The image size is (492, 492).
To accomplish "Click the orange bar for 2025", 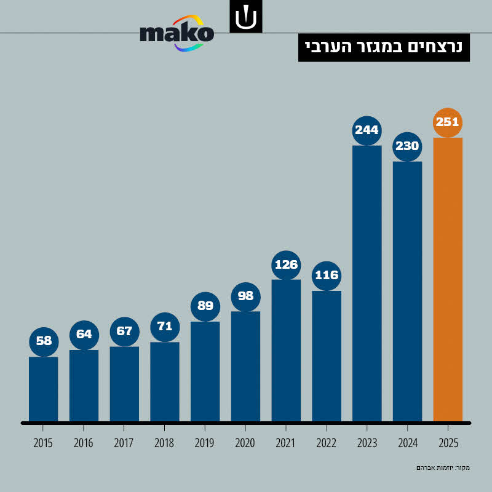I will pos(448,280).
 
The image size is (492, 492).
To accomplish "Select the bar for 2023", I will pos(367,283).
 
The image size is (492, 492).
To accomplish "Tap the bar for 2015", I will pos(44,389).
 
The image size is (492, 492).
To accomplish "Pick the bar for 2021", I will pos(286,351).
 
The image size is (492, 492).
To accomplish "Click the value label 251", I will pos(448,122).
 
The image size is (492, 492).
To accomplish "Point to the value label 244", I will pos(367,130).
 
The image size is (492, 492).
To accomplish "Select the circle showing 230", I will pos(407,146).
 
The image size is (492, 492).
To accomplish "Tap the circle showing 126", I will pos(286,265).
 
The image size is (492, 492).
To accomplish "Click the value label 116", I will pos(327,276).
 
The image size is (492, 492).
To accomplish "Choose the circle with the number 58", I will pos(44,341).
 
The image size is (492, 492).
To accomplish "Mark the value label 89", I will pos(205,306).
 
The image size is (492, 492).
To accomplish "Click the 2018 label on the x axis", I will pos(165,443).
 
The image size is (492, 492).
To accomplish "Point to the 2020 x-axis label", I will pos(245,443).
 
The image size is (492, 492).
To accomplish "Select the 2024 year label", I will pos(407,443).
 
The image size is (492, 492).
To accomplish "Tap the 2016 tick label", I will pos(84,443).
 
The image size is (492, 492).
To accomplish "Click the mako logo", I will pos(177,33).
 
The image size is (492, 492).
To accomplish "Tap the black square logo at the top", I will pos(246,17).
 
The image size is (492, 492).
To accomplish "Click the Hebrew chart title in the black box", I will pos(384,47).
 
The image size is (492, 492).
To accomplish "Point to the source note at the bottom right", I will pos(442,468).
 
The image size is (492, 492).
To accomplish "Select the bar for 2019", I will pos(205,371).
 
